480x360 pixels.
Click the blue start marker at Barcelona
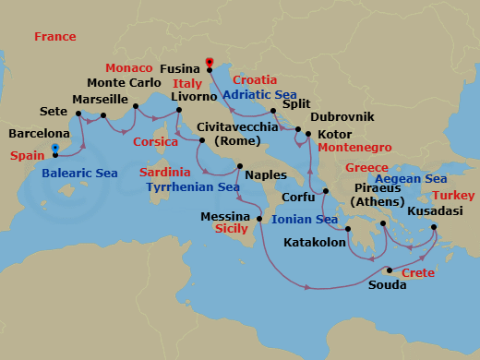click(56, 148)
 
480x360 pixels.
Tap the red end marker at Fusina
click(210, 64)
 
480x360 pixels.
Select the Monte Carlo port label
click(125, 82)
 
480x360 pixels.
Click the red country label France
click(54, 36)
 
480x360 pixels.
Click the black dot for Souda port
click(390, 270)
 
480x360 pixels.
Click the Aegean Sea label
click(411, 179)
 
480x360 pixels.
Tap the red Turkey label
click(453, 196)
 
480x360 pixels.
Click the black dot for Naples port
click(239, 166)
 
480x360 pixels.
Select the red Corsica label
click(155, 142)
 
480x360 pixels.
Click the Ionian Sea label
click(306, 220)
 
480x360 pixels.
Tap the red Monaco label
click(128, 68)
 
